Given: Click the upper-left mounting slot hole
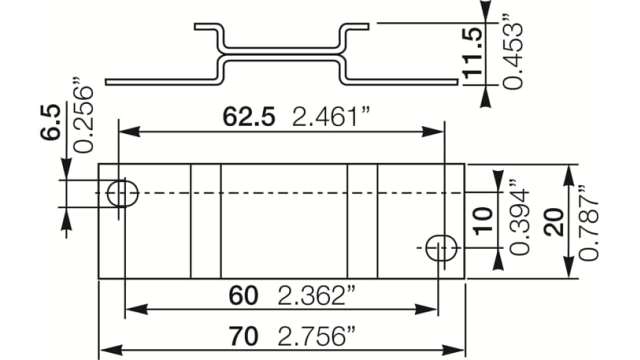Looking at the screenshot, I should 123,193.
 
